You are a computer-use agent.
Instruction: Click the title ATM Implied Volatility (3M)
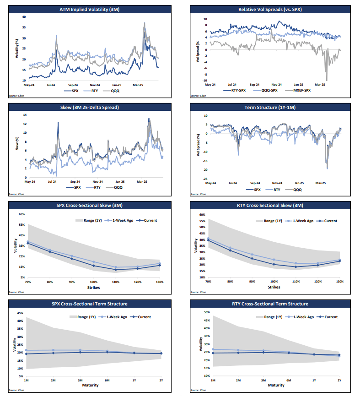92,9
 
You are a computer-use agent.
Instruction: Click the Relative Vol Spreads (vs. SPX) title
273,9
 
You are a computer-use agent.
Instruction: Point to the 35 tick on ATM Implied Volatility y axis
24,27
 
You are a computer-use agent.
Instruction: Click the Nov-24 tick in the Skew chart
95,181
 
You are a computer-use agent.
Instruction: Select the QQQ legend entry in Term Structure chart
297,189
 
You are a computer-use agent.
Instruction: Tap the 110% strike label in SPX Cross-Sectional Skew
116,283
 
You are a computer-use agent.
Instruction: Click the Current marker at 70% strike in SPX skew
28,244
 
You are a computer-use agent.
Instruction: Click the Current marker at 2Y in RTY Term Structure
339,355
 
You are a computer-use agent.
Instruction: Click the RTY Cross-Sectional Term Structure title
273,304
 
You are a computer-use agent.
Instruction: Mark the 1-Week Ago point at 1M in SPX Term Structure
27,350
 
